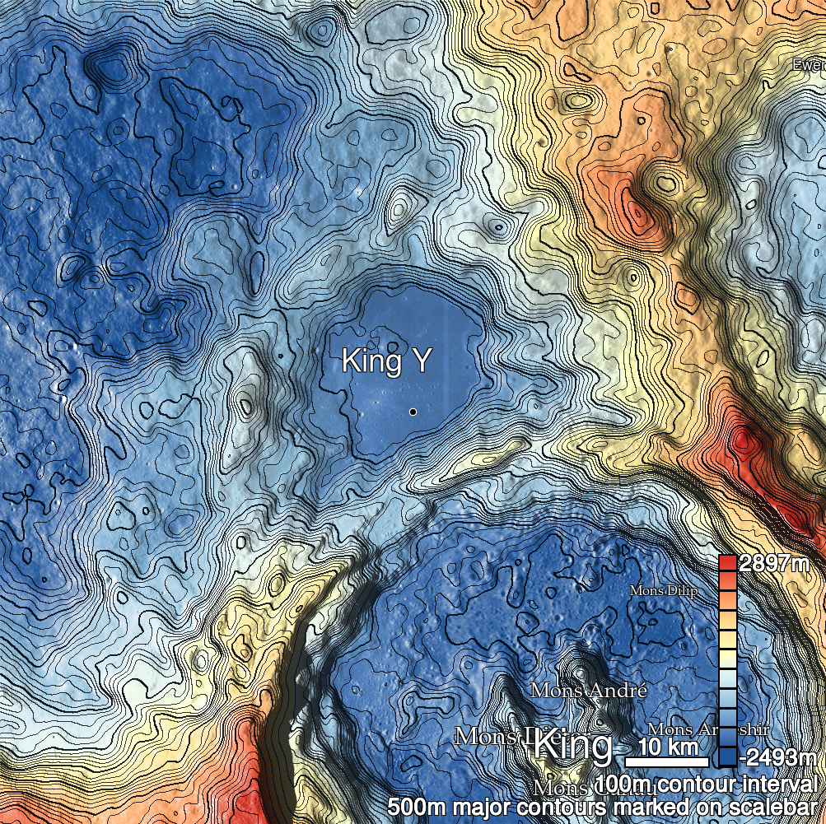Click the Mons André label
(588, 690)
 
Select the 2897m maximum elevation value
(774, 564)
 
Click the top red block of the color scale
(727, 564)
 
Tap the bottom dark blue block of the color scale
(727, 756)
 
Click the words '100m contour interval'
(709, 783)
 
